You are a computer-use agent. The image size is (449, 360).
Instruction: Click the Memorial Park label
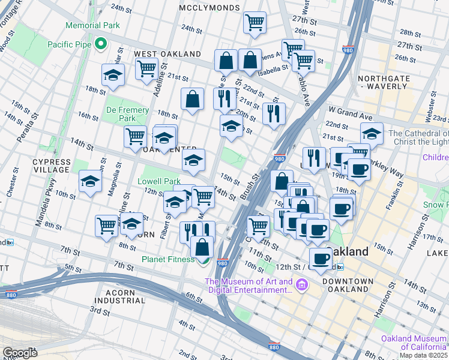click(92, 26)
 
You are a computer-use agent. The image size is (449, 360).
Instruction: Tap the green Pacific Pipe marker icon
click(101, 43)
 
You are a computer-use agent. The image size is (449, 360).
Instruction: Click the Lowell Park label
click(159, 181)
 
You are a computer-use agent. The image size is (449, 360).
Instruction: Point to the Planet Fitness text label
click(167, 259)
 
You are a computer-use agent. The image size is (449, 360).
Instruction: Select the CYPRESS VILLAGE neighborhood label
click(51, 166)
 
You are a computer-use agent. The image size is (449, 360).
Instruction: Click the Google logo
click(20, 353)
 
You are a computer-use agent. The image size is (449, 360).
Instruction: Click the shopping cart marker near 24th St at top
click(255, 23)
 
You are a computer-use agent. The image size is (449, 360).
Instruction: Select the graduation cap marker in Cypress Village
click(90, 182)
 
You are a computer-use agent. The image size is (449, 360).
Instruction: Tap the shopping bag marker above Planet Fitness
click(203, 246)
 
